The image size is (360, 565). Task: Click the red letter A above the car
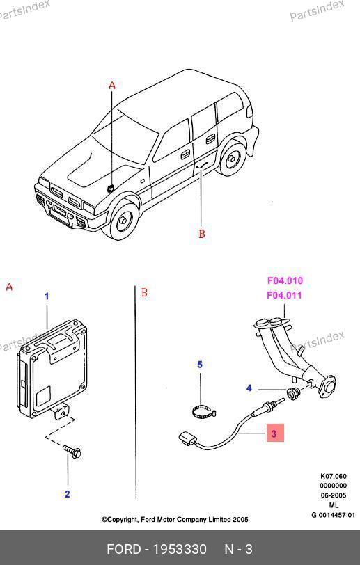[x=112, y=86]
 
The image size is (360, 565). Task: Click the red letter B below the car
[x=202, y=234]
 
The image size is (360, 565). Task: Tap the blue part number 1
[x=47, y=296]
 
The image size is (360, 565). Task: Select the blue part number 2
[x=67, y=494]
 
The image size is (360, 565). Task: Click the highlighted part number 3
[x=275, y=433]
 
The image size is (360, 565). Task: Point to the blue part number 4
[x=249, y=388]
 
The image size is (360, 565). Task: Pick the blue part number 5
[x=200, y=365]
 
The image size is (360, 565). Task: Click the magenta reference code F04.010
[x=285, y=280]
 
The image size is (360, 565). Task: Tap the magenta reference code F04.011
[x=284, y=295]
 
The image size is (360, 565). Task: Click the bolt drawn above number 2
[x=72, y=452]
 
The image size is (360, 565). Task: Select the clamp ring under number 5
[x=203, y=412]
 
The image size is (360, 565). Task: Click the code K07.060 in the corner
[x=333, y=476]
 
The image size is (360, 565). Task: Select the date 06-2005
[x=334, y=495]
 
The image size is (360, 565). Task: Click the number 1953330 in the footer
[x=180, y=549]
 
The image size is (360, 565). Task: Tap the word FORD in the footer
[x=124, y=549]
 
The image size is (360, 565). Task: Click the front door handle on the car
[x=186, y=154]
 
